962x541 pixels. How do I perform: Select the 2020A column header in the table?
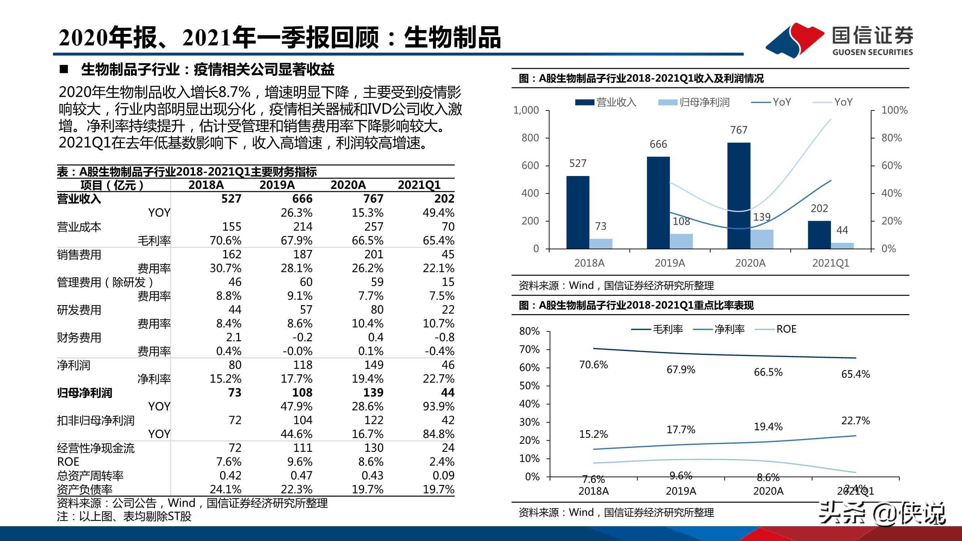point(348,185)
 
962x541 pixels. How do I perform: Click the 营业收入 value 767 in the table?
point(373,199)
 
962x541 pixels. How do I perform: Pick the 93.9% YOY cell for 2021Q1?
point(438,406)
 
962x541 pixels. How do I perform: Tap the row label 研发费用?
point(79,310)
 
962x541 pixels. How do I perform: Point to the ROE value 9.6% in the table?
point(299,462)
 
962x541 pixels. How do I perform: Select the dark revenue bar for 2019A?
point(658,203)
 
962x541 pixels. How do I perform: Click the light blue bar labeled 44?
point(842,246)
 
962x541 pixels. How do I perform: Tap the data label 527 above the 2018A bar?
point(578,163)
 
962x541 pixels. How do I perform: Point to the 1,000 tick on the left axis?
point(526,110)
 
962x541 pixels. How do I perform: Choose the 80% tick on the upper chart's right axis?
point(891,138)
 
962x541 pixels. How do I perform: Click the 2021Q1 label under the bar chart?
point(831,263)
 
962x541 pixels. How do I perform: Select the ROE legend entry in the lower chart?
point(786,329)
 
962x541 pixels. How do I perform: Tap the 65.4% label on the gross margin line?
point(855,374)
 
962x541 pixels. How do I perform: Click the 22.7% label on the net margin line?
point(855,421)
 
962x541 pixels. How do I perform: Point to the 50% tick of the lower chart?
point(529,386)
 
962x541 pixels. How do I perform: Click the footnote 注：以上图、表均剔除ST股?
point(124,517)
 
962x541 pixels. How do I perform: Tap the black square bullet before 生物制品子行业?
point(64,70)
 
